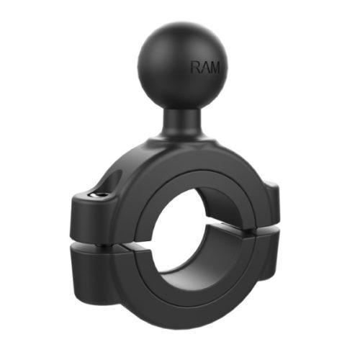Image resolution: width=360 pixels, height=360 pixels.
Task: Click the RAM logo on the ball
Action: tap(204, 68)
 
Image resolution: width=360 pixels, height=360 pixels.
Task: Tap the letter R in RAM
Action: tap(195, 68)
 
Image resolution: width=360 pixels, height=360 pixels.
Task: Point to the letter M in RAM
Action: tap(214, 68)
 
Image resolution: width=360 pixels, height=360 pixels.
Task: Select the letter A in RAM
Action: tap(204, 68)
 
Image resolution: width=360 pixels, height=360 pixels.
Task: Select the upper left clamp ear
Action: tap(90, 209)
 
